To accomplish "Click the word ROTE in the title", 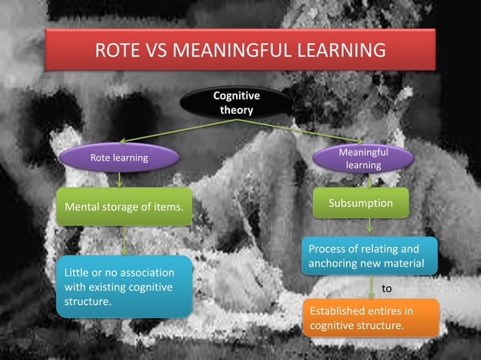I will (119, 51).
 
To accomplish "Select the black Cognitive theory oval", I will (236, 103).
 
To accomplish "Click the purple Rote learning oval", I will (119, 158).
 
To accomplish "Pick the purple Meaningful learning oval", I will (363, 159).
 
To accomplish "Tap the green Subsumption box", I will (360, 203).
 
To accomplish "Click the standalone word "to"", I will (388, 288).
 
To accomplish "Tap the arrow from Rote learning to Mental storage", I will (119, 179).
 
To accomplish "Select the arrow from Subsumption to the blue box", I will (369, 224).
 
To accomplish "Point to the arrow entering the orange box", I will (372, 287).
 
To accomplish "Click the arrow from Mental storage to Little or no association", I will (124, 241).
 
